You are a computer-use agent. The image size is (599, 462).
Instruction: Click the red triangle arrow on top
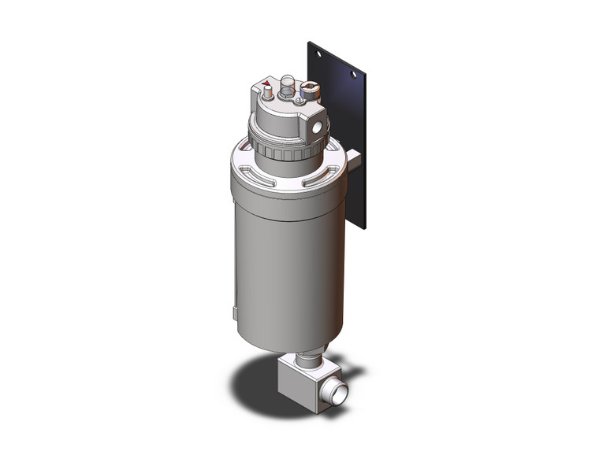point(266,83)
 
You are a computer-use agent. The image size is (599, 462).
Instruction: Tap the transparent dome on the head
point(287,83)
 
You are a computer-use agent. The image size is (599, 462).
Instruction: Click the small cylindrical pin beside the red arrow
point(270,93)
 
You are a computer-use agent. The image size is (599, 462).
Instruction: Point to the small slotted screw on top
point(299,100)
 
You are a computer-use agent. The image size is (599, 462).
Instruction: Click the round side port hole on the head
point(318,124)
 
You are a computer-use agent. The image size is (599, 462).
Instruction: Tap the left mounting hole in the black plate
point(318,54)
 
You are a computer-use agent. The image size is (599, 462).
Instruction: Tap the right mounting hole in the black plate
point(353,75)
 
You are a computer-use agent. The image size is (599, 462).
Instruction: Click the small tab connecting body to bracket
point(355,161)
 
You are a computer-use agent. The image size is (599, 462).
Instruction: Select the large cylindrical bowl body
point(288,260)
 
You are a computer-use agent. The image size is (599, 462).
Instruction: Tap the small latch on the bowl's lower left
point(235,314)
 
